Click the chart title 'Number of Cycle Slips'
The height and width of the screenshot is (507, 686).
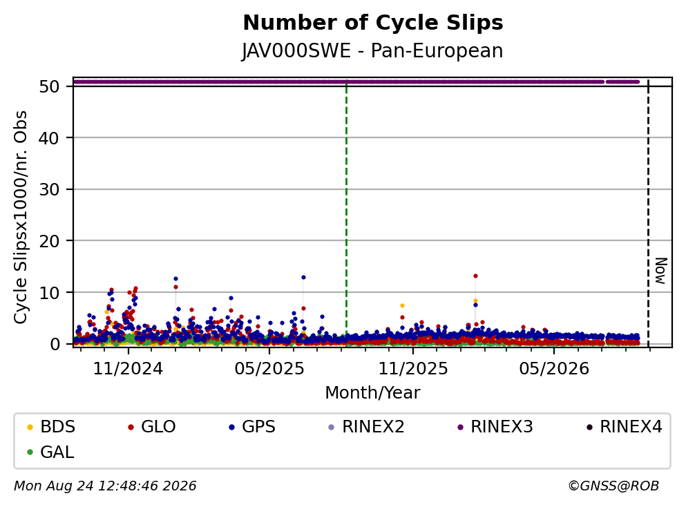373,23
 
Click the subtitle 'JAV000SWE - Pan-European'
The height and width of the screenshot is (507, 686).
372,50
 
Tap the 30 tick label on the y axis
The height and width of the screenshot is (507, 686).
49,189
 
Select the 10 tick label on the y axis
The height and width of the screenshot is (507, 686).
49,293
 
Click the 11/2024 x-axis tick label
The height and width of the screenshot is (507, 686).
128,369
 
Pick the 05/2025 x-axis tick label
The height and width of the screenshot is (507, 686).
269,369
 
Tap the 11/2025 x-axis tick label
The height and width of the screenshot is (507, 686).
413,369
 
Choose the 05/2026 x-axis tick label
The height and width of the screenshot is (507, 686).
554,369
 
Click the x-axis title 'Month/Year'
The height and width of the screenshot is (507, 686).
372,393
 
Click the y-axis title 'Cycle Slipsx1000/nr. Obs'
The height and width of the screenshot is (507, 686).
21,218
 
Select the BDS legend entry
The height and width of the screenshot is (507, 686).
51,426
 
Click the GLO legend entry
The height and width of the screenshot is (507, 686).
152,426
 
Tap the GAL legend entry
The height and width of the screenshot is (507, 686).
50,452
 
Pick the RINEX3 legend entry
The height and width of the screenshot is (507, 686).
495,426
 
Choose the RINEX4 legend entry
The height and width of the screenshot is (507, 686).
625,426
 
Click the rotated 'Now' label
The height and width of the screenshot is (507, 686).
660,271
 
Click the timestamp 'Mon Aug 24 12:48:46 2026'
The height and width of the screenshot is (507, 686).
105,486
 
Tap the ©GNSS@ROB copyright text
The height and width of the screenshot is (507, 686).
613,486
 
